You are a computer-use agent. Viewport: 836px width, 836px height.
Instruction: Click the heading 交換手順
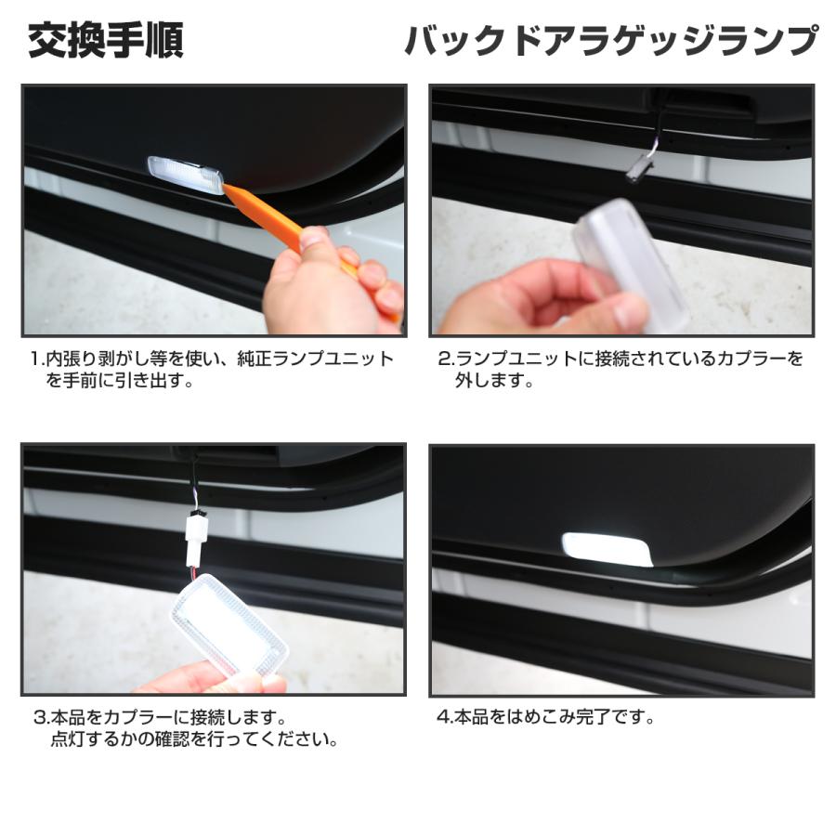(x=105, y=42)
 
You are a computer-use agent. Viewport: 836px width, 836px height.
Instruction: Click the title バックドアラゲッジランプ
(x=610, y=42)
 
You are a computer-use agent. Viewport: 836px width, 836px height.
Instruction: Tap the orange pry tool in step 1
(x=279, y=223)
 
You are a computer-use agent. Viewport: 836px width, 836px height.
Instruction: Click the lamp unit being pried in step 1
(x=186, y=175)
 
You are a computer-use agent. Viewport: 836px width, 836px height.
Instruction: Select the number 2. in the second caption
(x=445, y=359)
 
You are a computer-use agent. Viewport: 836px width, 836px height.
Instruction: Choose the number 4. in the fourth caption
(x=443, y=718)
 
